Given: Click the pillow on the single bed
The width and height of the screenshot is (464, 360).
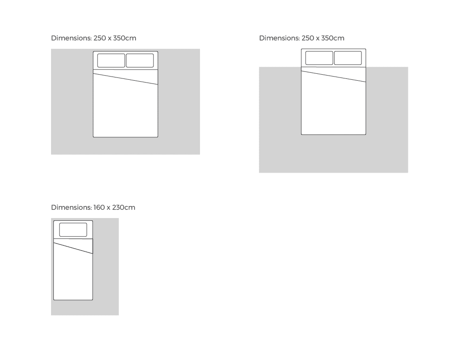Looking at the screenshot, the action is (x=73, y=230).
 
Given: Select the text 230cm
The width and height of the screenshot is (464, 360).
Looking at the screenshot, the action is (x=124, y=207).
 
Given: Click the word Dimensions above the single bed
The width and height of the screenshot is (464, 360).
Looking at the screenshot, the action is (x=71, y=207).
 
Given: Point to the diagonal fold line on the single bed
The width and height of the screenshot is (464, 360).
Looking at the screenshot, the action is (x=73, y=248).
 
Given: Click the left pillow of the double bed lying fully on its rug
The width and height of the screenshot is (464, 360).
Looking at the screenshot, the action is (x=111, y=60).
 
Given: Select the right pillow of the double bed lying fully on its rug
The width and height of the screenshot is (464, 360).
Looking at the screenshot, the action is (x=140, y=60).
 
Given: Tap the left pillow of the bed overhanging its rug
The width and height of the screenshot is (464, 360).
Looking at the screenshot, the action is (x=319, y=58).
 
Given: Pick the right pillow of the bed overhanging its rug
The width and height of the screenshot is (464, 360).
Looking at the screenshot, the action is (x=348, y=58).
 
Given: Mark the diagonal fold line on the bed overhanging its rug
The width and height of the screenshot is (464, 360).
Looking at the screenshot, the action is (x=334, y=77).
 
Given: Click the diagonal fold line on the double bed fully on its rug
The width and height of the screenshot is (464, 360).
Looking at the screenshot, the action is (x=125, y=79).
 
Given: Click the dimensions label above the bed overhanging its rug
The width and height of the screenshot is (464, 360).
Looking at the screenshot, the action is (x=302, y=38).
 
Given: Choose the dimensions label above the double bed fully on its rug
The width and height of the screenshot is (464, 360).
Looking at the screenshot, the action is (x=94, y=38).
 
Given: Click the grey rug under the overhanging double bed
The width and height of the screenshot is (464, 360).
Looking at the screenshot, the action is (x=334, y=154).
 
